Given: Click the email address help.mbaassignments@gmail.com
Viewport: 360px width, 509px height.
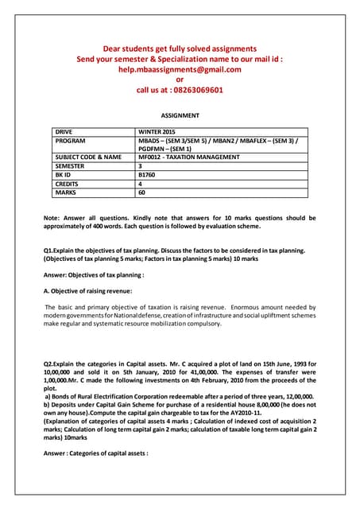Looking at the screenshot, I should (x=180, y=69).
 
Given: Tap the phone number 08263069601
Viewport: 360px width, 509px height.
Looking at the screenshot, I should (x=192, y=90).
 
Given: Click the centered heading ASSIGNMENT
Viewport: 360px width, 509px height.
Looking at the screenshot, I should (x=180, y=115).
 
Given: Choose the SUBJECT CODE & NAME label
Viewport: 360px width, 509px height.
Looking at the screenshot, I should (x=87, y=157).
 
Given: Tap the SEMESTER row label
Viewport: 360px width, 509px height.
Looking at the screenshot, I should (x=72, y=166).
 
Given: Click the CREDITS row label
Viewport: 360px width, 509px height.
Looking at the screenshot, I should (x=68, y=184).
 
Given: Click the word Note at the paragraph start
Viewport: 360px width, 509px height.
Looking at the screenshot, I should (x=52, y=217).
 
